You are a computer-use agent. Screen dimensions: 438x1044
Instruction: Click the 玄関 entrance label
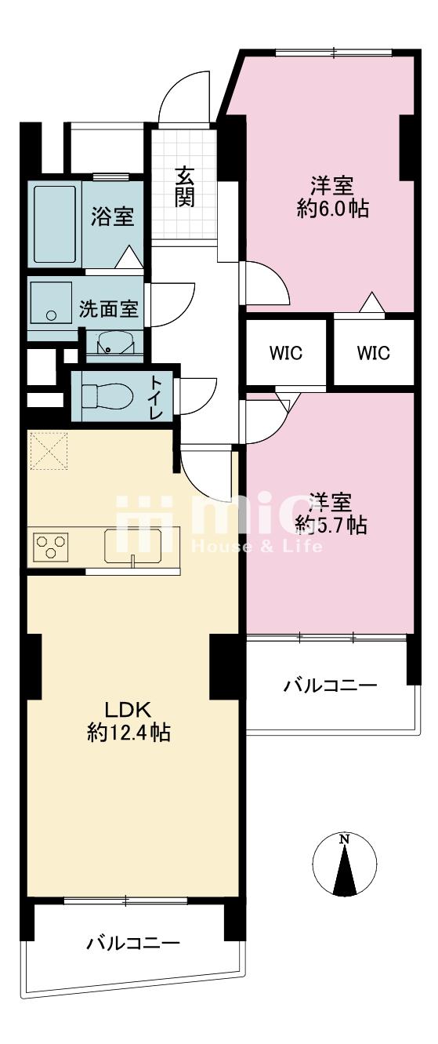click(185, 187)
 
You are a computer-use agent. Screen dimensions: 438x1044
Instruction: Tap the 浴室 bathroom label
click(112, 216)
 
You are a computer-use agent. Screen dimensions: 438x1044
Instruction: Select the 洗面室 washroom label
click(108, 308)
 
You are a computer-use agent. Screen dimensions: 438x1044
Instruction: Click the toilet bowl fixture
click(107, 395)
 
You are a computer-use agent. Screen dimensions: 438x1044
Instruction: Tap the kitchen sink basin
click(133, 546)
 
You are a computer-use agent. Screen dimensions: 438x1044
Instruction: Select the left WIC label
click(285, 353)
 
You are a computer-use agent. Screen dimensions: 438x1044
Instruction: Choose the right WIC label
click(373, 353)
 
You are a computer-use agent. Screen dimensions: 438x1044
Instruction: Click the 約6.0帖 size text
click(333, 209)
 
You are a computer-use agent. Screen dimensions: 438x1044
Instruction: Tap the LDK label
click(128, 711)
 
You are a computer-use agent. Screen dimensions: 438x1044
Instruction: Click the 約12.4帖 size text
click(128, 733)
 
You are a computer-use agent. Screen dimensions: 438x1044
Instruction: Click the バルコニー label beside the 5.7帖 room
click(331, 686)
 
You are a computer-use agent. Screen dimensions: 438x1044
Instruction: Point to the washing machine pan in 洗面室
click(51, 302)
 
